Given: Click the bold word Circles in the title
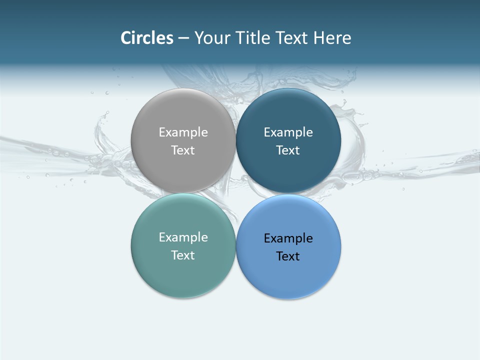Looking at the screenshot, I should [x=147, y=38].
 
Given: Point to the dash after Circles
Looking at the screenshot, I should [x=183, y=38].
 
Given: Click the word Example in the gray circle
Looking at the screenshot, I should [x=183, y=132].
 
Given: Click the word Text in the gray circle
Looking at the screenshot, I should [x=183, y=150].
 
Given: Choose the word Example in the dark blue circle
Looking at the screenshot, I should [x=288, y=132].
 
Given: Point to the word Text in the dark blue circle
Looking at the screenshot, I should [x=288, y=150].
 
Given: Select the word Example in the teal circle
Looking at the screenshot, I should [x=183, y=237].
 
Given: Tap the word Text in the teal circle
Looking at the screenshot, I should [x=183, y=255].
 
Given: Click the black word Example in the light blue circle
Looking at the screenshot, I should [x=288, y=238].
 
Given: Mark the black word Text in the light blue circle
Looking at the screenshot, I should [x=288, y=256].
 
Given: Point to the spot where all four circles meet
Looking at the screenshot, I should [x=236, y=193].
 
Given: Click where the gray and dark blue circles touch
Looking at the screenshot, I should [x=236, y=140].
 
